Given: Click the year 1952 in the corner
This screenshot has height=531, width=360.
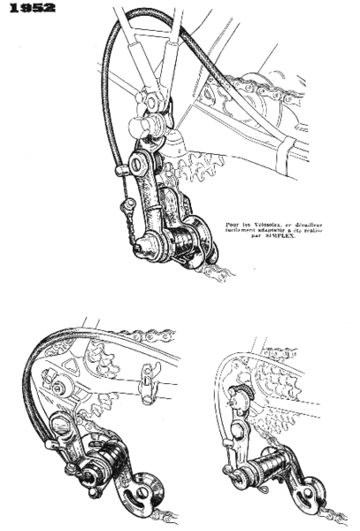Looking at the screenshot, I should click(x=27, y=8).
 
